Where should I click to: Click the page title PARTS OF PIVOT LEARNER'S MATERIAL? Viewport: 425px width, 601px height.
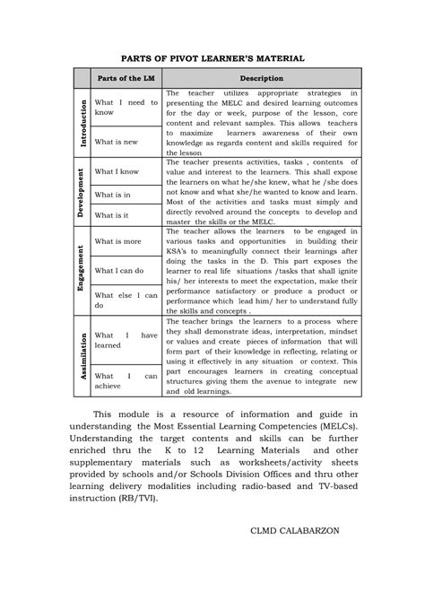coord(213,57)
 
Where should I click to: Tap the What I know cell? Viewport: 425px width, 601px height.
coord(117,170)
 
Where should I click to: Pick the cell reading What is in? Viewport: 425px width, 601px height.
coord(113,194)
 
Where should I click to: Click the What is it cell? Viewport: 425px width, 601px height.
coord(113,216)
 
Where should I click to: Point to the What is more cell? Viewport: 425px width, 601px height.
coord(117,241)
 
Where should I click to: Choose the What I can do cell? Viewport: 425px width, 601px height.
coord(119,269)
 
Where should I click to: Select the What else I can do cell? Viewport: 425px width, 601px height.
coord(126,300)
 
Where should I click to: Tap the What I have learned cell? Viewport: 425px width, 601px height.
coord(126,339)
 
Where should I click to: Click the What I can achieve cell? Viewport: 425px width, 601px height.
coord(126,380)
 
